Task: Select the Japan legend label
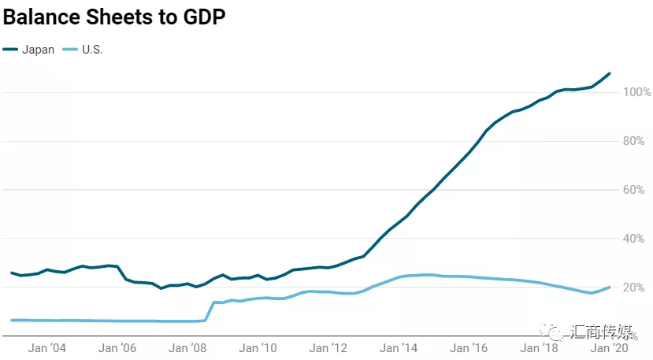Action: [39, 50]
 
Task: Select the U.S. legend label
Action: [92, 50]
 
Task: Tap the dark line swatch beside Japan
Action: [11, 50]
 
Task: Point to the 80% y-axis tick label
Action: [636, 142]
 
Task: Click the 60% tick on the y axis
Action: [636, 191]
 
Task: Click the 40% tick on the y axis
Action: [636, 239]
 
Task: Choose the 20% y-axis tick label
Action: [636, 288]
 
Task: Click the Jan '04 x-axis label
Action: [47, 347]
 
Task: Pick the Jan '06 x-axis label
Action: [118, 347]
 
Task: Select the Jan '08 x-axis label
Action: [188, 347]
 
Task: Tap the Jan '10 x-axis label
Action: [258, 347]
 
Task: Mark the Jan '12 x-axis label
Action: [328, 347]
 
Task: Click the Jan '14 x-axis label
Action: [399, 347]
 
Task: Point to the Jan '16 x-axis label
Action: [469, 347]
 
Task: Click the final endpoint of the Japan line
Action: [610, 73]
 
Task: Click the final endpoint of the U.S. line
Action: [610, 287]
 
